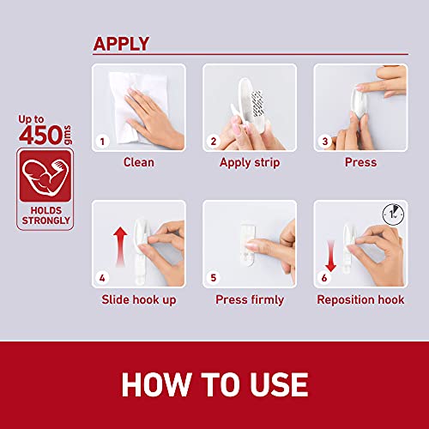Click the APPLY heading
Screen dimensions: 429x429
(x=121, y=44)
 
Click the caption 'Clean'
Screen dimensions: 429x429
(x=139, y=162)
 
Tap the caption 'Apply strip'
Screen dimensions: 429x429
(x=250, y=162)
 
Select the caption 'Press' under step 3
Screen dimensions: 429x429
(x=360, y=162)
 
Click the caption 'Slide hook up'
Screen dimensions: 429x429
(x=139, y=299)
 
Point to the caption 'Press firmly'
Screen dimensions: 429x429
(x=250, y=299)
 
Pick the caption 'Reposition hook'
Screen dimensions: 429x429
(x=360, y=299)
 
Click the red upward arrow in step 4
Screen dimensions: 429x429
(x=121, y=244)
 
